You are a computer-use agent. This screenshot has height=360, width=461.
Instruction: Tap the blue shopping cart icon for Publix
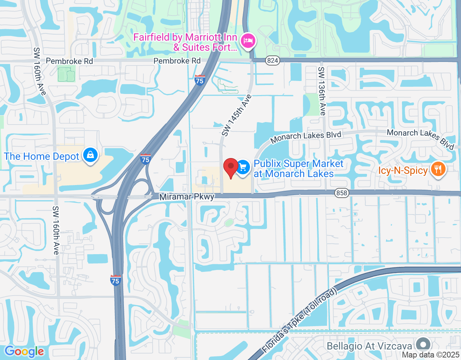[x=243, y=167]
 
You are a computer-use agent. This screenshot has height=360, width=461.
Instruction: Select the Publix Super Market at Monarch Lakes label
[x=299, y=169]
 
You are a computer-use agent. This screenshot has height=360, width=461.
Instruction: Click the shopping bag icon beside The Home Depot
[x=90, y=155]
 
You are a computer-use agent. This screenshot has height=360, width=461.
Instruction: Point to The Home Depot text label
[x=41, y=157]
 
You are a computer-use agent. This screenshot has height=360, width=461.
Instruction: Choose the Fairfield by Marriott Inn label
[x=185, y=42]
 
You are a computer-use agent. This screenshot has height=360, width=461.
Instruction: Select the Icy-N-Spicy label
[x=403, y=170]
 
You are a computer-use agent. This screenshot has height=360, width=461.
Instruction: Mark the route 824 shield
[x=273, y=60]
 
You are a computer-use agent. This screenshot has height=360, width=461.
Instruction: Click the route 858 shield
[x=341, y=193]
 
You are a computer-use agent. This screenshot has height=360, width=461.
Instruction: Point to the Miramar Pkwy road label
[x=187, y=197]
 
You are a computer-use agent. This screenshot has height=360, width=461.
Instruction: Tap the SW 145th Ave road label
[x=236, y=116]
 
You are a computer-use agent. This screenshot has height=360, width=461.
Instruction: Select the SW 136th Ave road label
[x=322, y=91]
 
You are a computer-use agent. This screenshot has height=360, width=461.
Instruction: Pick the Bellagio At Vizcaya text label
[x=369, y=346]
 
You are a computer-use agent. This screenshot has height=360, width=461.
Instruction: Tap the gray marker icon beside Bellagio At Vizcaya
[x=423, y=345]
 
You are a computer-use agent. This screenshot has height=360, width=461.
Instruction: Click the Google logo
[x=24, y=352]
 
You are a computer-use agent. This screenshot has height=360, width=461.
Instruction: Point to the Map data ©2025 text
[x=431, y=355]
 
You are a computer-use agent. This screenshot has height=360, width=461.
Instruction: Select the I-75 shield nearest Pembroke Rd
[x=200, y=80]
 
